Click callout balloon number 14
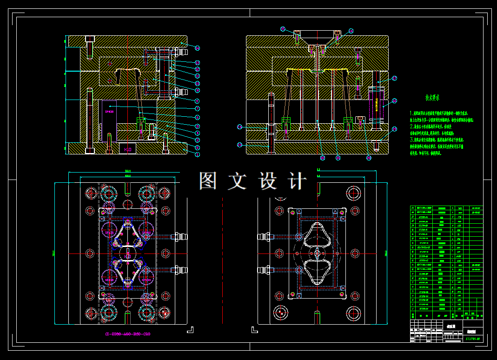(x=197, y=48)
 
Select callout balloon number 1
(x=197, y=154)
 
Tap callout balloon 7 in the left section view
(x=197, y=108)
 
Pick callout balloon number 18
(x=395, y=100)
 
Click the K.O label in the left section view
(x=127, y=149)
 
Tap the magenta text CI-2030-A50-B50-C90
(x=127, y=334)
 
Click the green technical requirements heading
(x=432, y=98)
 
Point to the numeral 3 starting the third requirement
(x=411, y=139)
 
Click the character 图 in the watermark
(x=208, y=180)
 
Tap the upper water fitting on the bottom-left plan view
(x=179, y=237)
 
